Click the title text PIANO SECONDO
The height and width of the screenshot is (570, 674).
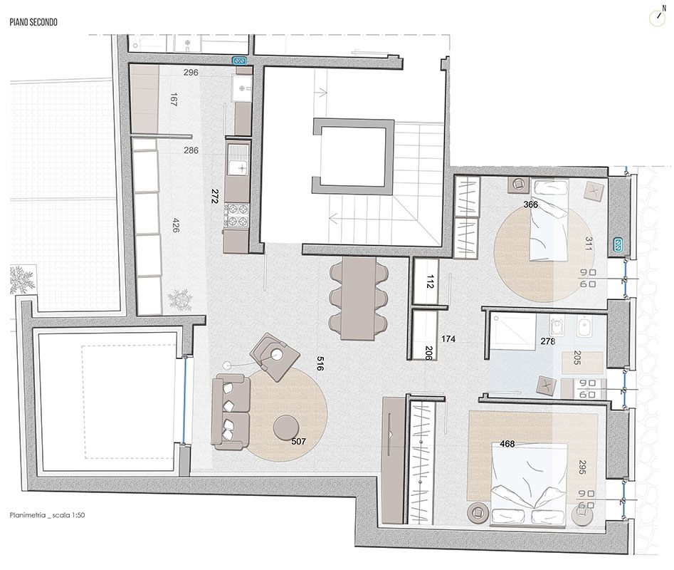point(34,23)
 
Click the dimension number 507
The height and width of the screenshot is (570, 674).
point(299,442)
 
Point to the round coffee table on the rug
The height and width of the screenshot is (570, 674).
point(288,427)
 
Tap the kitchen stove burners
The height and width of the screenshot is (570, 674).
point(236,214)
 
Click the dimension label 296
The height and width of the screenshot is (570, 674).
point(191,73)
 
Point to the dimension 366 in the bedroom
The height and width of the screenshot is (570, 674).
point(530,205)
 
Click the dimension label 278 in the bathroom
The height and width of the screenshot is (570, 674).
point(547,342)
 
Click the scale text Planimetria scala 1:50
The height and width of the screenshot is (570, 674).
point(48,514)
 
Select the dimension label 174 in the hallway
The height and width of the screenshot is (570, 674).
point(448,339)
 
